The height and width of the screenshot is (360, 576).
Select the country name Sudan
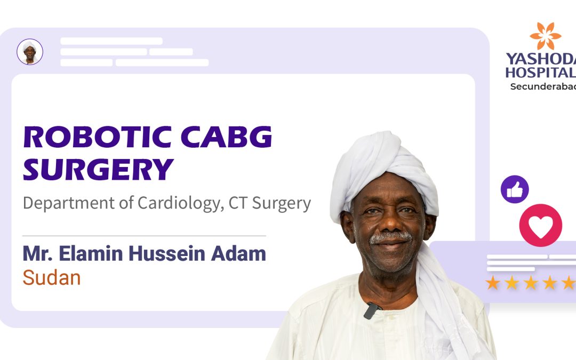point(51,277)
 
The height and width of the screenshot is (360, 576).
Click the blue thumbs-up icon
point(515,189)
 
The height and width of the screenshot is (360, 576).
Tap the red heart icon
point(540,226)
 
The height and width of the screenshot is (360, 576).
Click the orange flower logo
point(545,36)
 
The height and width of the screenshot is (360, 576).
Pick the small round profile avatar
point(30,52)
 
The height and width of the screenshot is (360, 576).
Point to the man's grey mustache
point(391,236)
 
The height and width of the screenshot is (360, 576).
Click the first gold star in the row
point(493,283)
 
